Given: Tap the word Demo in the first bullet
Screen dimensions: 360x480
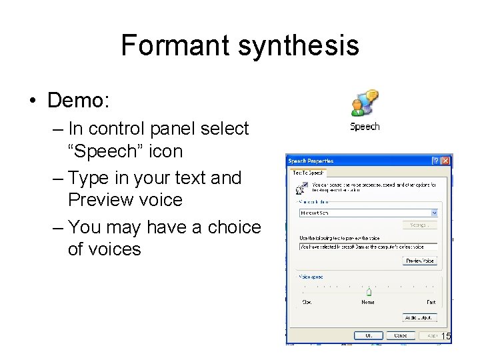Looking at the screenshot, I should (77, 101).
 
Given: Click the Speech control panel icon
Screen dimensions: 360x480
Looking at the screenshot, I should (365, 103).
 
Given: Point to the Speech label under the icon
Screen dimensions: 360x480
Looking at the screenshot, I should (365, 127).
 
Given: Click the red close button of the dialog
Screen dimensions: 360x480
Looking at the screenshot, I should (445, 161).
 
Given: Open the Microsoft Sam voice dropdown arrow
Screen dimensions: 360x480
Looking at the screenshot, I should (434, 213).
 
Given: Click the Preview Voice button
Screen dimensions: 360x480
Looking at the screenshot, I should (420, 261).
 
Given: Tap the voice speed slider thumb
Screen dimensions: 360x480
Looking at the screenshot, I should (369, 291).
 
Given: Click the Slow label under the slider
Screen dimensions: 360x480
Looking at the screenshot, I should (307, 303).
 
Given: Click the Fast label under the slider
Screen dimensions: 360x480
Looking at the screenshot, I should (431, 303).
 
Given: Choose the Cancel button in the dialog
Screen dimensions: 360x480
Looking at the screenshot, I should (401, 335).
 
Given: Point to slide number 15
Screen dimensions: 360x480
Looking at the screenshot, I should (446, 337).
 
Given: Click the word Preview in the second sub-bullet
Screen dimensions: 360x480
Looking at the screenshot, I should (100, 200).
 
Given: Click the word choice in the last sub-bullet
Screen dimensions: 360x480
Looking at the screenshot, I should (228, 227).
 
